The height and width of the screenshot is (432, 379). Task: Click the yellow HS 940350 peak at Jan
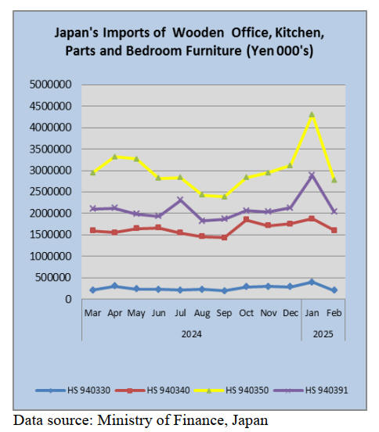click(312, 114)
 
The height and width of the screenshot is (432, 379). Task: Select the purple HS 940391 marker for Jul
click(180, 200)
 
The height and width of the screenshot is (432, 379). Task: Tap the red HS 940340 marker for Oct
click(246, 219)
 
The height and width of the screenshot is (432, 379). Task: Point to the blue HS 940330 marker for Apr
click(114, 286)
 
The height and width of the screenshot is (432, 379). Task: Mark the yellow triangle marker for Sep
click(224, 196)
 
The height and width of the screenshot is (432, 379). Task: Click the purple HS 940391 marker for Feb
click(334, 211)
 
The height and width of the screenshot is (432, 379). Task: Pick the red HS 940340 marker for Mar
click(93, 230)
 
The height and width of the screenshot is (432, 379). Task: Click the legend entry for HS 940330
click(73, 390)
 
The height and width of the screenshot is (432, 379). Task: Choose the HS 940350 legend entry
click(232, 390)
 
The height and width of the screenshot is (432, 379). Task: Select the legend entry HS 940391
click(311, 390)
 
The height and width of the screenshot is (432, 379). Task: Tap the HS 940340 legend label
click(168, 390)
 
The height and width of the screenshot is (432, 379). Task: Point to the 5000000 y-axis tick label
click(50, 85)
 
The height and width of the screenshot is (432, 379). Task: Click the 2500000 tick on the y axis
click(50, 192)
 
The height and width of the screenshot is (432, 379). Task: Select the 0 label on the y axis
click(68, 299)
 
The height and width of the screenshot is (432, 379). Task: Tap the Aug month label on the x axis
click(202, 313)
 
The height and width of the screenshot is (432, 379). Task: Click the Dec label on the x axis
click(291, 313)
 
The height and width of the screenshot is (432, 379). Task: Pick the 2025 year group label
click(323, 334)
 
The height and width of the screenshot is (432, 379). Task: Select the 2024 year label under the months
click(192, 334)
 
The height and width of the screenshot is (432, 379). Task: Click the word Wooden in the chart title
click(198, 33)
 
